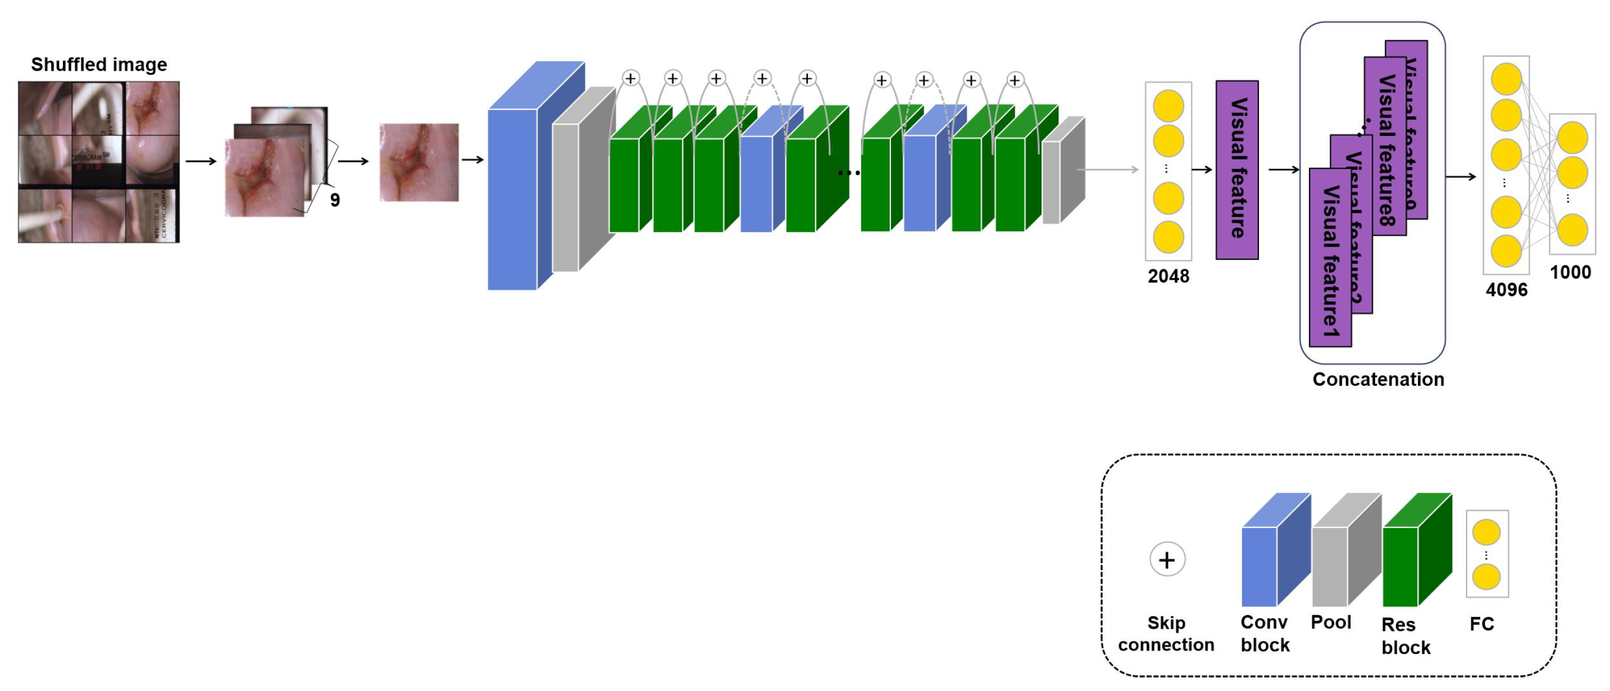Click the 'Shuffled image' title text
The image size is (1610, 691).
[99, 65]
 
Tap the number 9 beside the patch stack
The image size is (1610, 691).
[335, 200]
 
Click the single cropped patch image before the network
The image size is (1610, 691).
[419, 162]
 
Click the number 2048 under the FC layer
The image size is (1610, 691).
[1168, 276]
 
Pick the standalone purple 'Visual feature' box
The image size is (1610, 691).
[1237, 169]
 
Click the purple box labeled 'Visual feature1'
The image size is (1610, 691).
[1330, 262]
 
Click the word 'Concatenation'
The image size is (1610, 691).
[1378, 379]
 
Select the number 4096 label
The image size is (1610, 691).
[1506, 290]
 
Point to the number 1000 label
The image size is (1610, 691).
[1570, 272]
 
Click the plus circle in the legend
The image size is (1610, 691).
[1167, 559]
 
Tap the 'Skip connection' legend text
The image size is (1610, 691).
[1166, 634]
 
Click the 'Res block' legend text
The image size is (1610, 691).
[1406, 636]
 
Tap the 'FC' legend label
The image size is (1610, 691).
[1481, 624]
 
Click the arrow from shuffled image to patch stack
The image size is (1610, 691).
[201, 161]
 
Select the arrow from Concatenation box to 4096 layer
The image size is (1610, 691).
[1461, 177]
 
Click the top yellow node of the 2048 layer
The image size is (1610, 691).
[1168, 106]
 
